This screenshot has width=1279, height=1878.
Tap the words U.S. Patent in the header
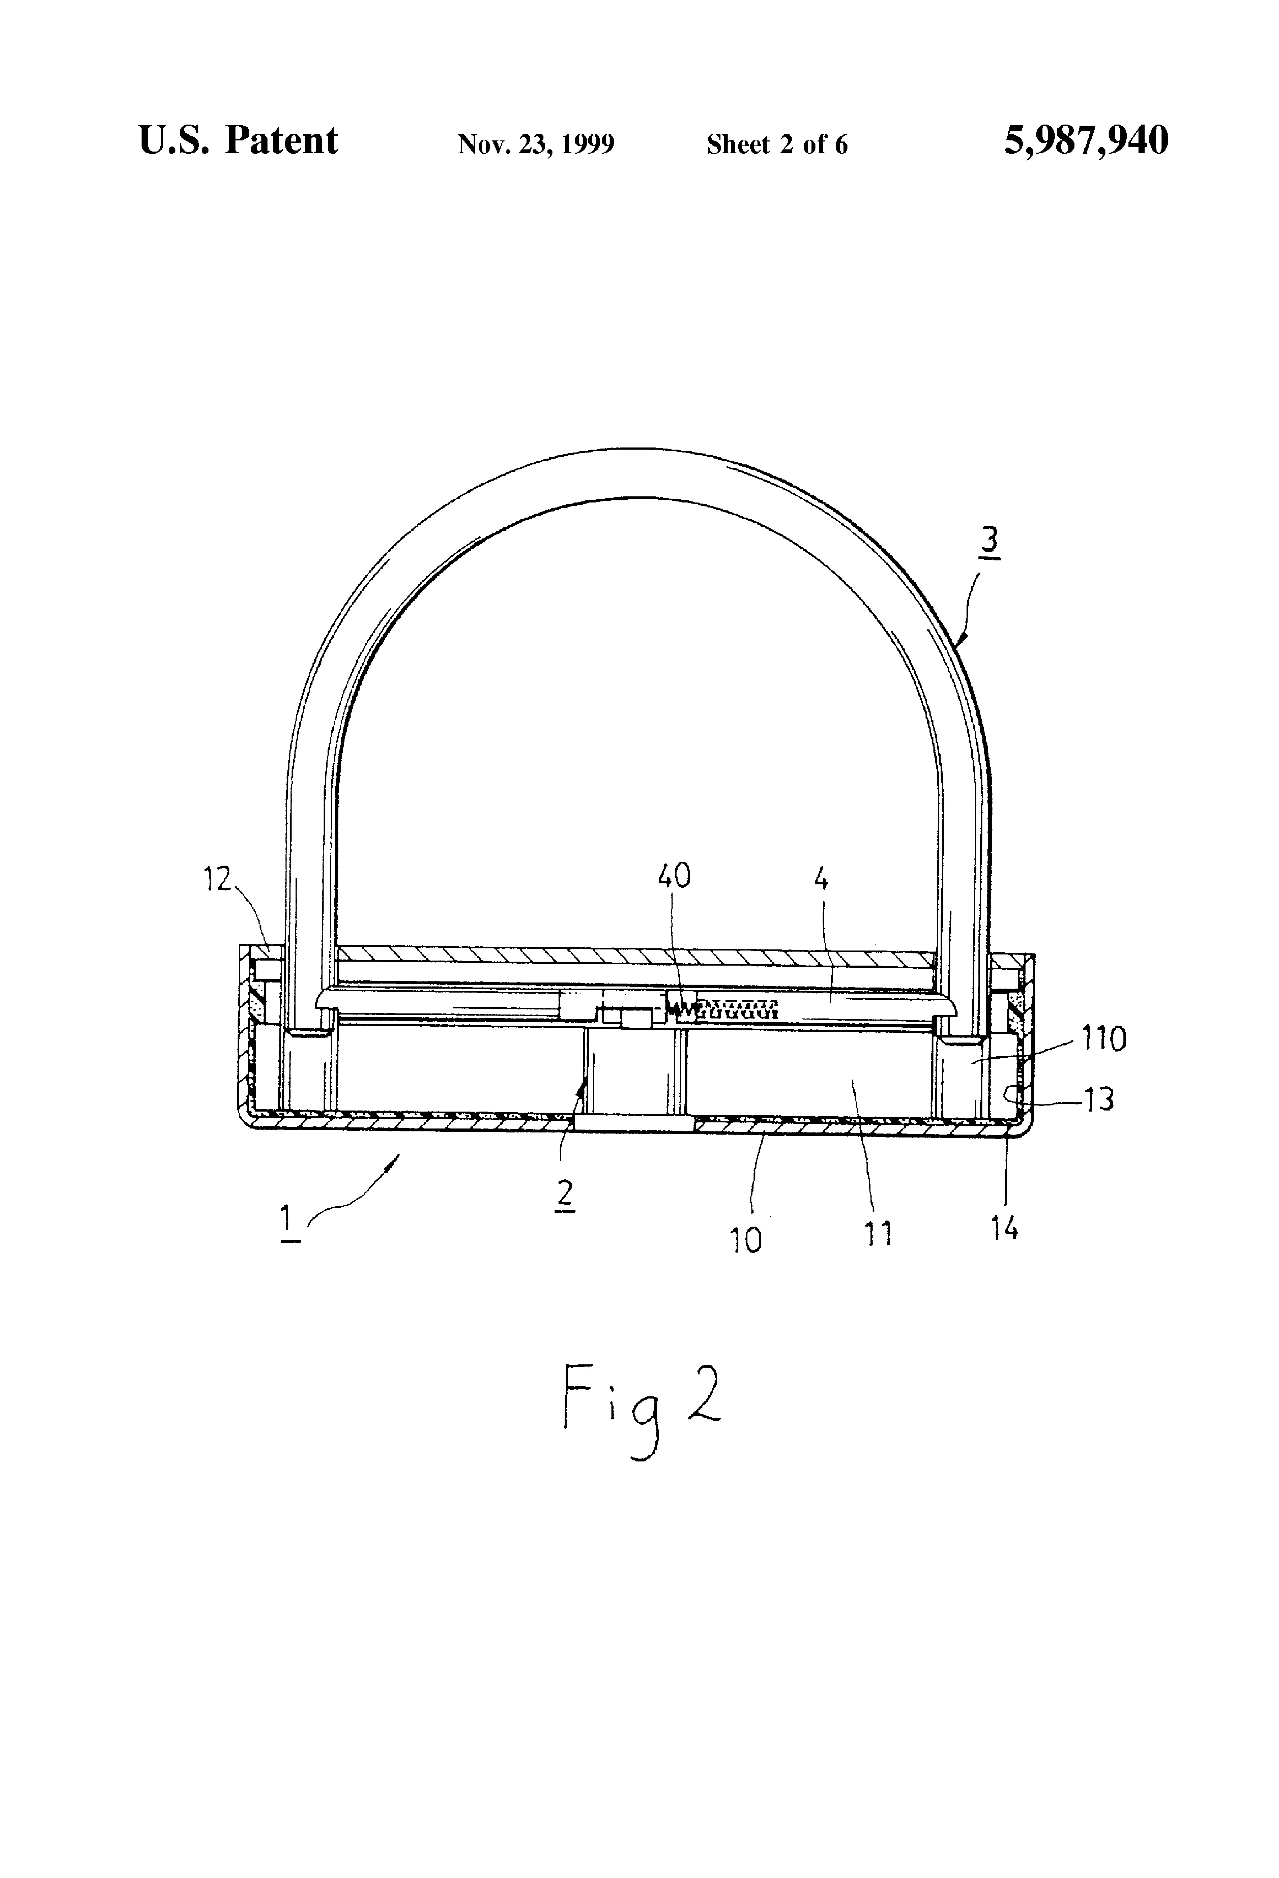[x=238, y=141]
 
